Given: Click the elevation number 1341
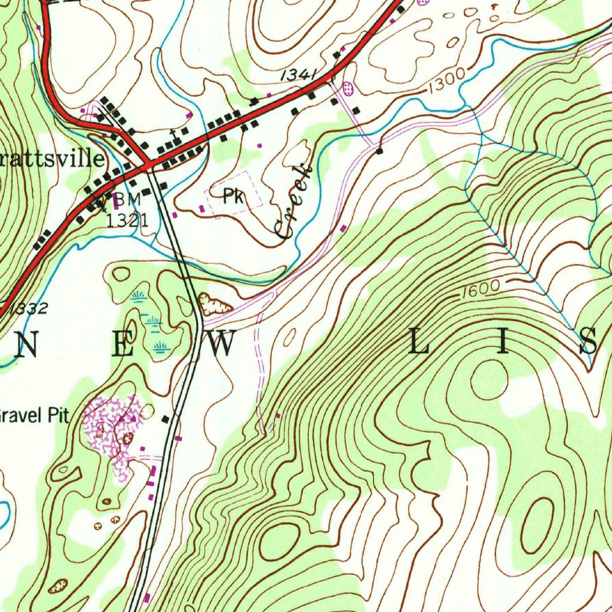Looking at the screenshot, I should pos(297,75).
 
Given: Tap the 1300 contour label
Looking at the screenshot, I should pos(446,80).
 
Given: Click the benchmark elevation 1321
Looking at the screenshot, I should pos(127,219).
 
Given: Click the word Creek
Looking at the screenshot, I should pos(294,202).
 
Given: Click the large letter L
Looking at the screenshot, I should pos(420,343).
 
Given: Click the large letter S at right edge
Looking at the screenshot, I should pos(589,342).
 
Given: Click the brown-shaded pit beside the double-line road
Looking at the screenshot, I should pos(215,305).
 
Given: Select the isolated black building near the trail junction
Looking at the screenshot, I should pos(380,152).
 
